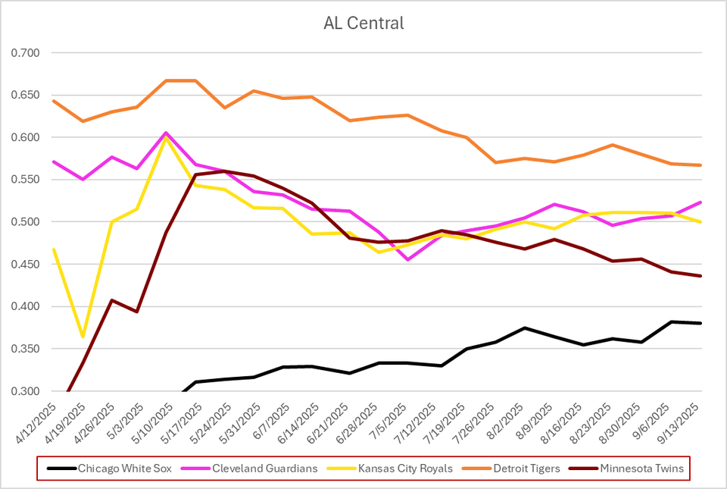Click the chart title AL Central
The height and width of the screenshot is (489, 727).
click(363, 24)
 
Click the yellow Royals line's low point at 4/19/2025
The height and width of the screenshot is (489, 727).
click(83, 337)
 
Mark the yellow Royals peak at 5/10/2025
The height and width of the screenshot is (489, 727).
click(166, 137)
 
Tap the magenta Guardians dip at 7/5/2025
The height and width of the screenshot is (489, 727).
click(408, 260)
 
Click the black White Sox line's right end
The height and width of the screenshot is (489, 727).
click(700, 323)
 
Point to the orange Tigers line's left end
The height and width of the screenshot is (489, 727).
click(52, 101)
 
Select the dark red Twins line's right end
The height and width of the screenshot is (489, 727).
click(700, 276)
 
